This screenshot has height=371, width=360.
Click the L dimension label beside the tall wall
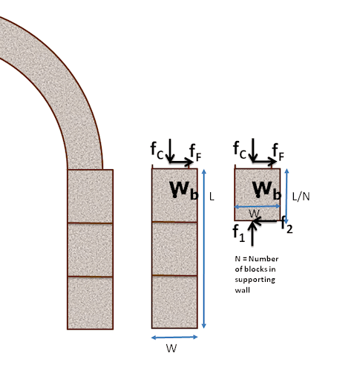pos(212,197)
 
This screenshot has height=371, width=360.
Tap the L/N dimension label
pos(301,197)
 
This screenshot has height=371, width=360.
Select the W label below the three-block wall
pos(171,348)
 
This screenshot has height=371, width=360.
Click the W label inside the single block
pos(254,214)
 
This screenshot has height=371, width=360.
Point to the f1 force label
pos(239,233)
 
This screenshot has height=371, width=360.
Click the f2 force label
pos(287,225)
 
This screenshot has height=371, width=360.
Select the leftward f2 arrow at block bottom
pos(265,220)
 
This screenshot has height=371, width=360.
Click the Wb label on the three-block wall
pos(184,190)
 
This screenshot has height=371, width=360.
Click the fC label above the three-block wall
pos(157,151)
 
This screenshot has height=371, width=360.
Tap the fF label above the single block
pos(278,152)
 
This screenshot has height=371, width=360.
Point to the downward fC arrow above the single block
pos(253,151)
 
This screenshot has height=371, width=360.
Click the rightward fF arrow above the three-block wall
pos(181,162)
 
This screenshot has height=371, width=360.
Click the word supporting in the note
pos(255,280)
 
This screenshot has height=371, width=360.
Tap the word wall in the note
pos(242,290)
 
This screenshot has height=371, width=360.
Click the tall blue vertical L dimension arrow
pos(204,249)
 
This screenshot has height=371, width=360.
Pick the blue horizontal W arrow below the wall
pos(174,337)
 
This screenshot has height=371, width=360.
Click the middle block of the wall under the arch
pos(90,250)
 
